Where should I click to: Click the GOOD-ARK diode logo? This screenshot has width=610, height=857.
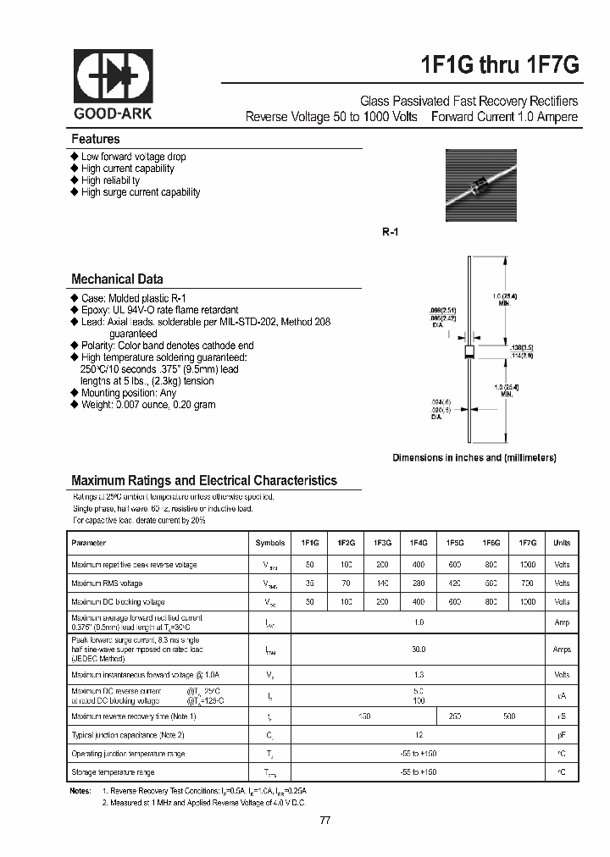tap(112, 77)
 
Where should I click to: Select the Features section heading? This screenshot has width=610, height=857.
tap(96, 139)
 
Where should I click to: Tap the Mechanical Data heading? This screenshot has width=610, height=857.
tap(117, 279)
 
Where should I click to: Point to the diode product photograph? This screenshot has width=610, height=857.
tap(480, 185)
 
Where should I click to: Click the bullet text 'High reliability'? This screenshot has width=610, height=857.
tap(110, 180)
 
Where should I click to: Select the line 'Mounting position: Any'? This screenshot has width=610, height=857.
tap(129, 393)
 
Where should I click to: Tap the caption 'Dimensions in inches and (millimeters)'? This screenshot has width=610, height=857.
tap(474, 457)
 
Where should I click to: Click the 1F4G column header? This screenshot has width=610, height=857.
tap(419, 543)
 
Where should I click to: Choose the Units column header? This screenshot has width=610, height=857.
tap(562, 543)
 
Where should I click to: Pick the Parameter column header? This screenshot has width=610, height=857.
tap(89, 543)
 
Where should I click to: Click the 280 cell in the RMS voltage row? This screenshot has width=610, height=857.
tap(419, 583)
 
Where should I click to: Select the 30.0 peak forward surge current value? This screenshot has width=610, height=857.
tap(419, 649)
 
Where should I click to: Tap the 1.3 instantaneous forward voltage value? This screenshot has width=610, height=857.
tap(419, 675)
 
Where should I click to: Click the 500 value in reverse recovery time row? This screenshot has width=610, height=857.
tap(508, 716)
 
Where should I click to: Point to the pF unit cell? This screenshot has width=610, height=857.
tap(562, 735)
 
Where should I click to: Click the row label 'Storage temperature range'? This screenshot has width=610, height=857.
tap(113, 772)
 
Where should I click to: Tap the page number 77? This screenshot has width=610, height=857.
tap(326, 821)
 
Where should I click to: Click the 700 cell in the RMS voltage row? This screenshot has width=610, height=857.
tap(527, 583)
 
